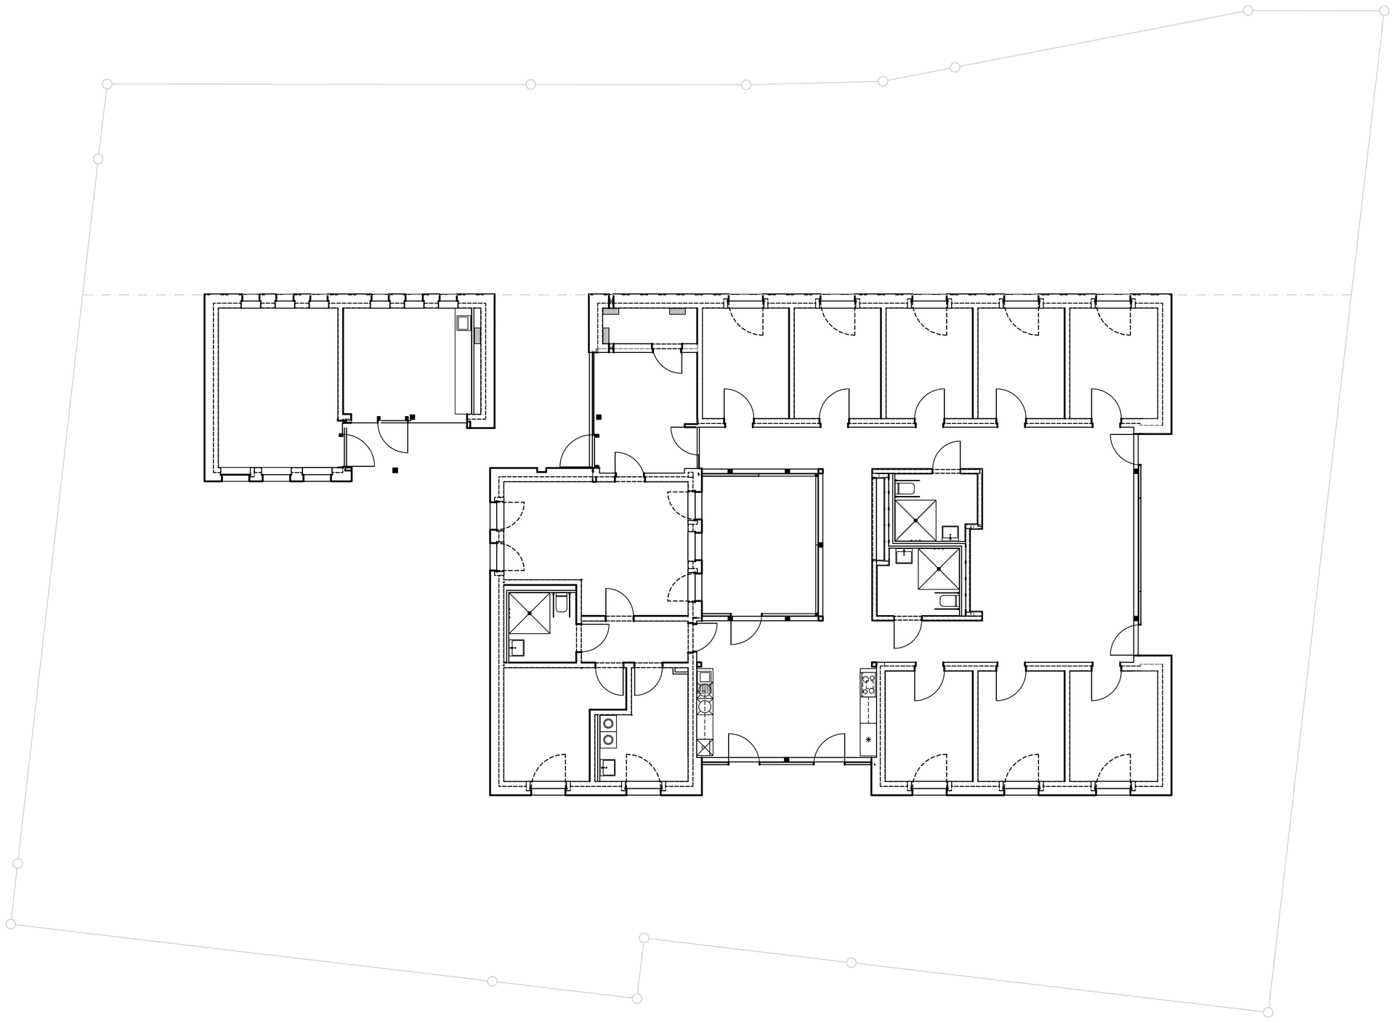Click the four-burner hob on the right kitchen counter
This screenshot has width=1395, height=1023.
[868, 685]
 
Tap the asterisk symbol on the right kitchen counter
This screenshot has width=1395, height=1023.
[868, 740]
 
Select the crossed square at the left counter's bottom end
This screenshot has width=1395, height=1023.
[704, 746]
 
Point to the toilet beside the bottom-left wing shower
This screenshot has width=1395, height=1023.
[562, 603]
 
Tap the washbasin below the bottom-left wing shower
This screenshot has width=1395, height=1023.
[517, 648]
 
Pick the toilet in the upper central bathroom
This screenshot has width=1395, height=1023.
[905, 487]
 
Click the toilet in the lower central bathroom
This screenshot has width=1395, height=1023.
[947, 600]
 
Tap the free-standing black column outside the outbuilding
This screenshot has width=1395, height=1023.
[395, 470]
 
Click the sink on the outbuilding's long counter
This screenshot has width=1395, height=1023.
[462, 322]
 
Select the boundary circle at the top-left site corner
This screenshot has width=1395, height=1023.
[107, 84]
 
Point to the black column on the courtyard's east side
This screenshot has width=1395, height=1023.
[820, 545]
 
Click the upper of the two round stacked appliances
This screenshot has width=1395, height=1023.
[608, 723]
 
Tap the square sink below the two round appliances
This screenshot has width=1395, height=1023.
[608, 765]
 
